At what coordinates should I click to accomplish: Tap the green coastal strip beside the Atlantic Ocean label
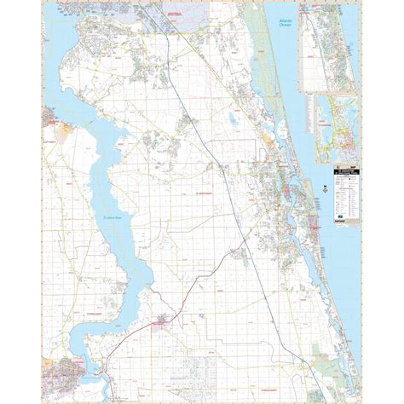pyautogui.click(x=256, y=34)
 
